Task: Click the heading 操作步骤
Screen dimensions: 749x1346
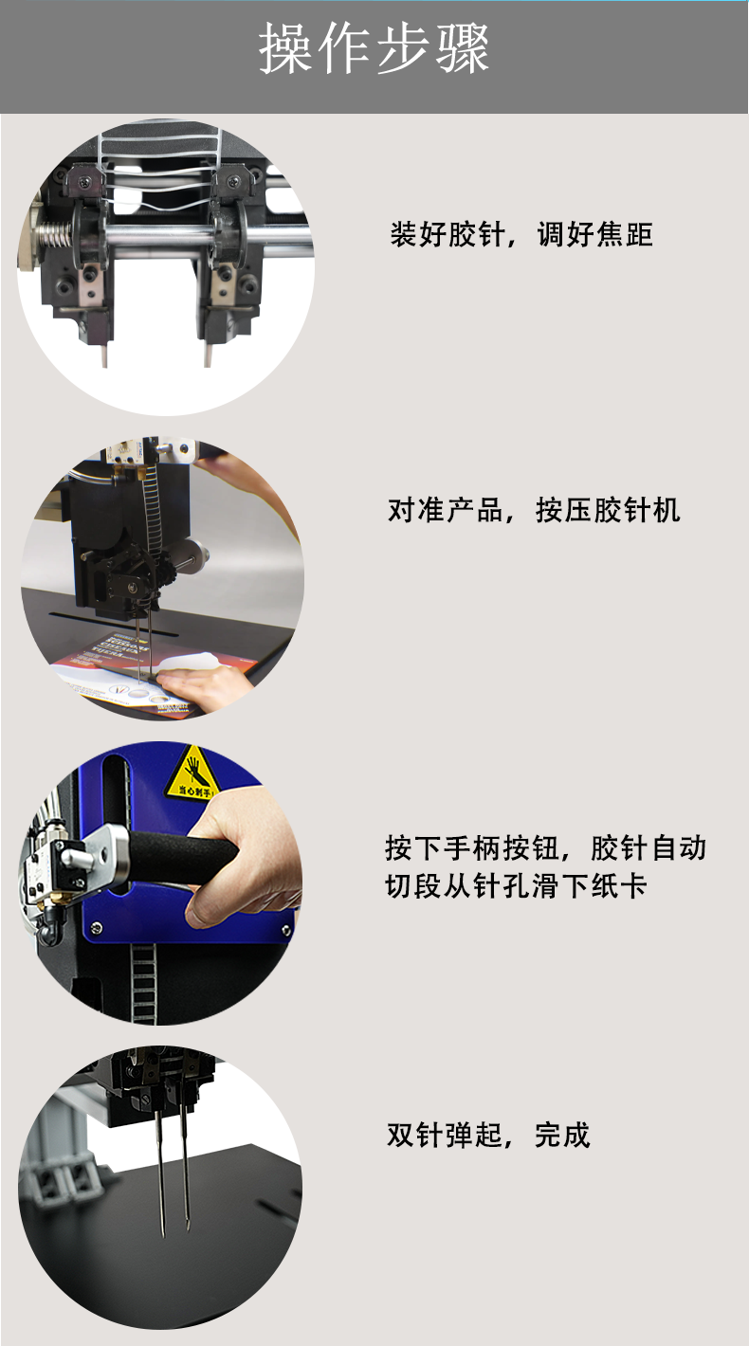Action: (374, 48)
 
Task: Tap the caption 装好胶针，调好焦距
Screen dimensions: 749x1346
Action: (521, 234)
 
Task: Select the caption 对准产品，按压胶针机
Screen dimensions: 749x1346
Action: (534, 510)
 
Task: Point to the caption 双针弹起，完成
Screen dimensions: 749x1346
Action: (488, 1135)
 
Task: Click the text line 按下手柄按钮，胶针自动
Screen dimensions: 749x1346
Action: (545, 847)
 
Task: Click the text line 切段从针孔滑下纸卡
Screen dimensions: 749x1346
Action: (516, 885)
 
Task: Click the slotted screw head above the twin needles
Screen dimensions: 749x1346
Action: (146, 1099)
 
